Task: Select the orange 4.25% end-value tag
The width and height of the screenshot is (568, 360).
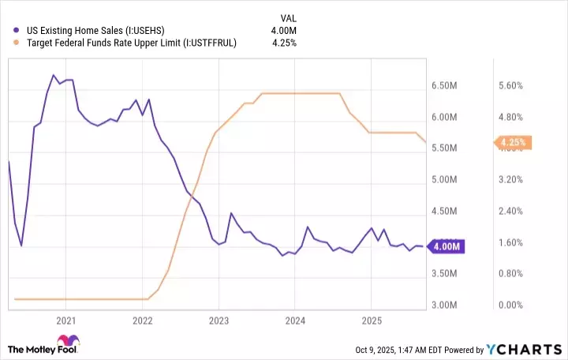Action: (x=514, y=143)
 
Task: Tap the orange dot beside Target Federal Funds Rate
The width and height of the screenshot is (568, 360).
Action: (x=17, y=43)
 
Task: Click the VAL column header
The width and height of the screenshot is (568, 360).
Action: (x=289, y=17)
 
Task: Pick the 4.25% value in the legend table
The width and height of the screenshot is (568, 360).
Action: (x=284, y=43)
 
